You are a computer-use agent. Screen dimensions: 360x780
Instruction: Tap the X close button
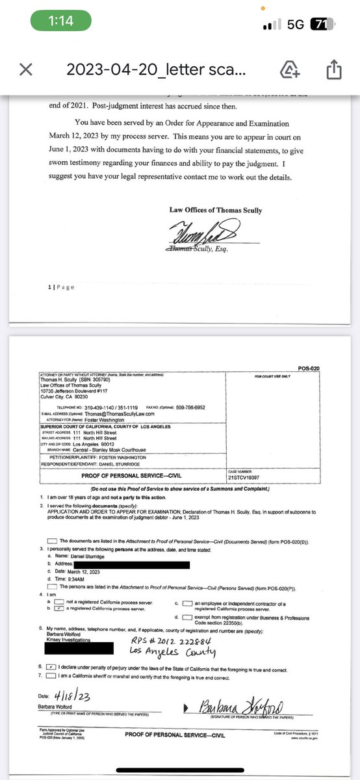click(25, 70)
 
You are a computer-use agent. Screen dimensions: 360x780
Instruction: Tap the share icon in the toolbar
click(334, 70)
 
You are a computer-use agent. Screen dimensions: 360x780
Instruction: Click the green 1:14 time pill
click(61, 21)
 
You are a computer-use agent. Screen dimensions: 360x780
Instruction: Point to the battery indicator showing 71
click(319, 24)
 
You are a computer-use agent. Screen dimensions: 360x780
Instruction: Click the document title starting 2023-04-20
click(156, 70)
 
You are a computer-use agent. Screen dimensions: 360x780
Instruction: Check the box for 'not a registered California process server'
click(59, 603)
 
